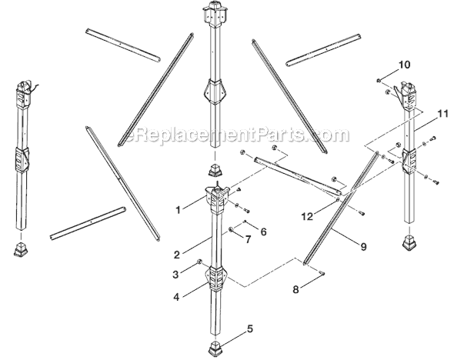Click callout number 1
[178, 208]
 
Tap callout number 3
[176, 273]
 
